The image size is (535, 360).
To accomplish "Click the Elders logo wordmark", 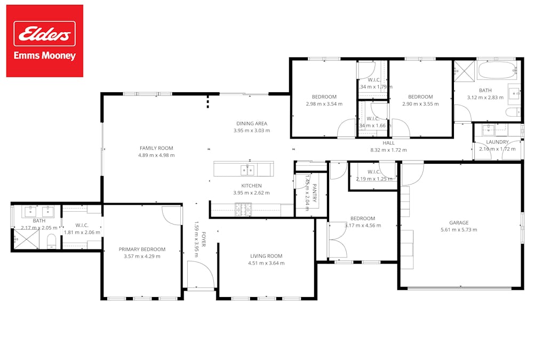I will pos(45,34).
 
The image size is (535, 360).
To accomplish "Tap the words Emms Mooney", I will pos(45,55).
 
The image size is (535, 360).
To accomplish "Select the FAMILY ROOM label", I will pos(156,148).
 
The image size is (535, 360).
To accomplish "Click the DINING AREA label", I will pos(252,124).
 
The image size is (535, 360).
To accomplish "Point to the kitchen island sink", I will pos(247,170).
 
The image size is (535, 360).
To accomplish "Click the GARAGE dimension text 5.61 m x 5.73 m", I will pos(459,230).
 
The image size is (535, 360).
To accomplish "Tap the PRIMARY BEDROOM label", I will pos(142,249).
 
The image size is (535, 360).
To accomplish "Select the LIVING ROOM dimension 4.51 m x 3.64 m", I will pos(266,263).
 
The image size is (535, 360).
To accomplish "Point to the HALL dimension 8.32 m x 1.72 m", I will pos(388,150).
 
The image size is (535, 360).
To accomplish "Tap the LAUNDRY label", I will pos(497,142).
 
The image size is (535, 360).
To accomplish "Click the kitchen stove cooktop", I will pos(243,210).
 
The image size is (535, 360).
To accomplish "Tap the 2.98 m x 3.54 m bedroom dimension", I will pos(324,104).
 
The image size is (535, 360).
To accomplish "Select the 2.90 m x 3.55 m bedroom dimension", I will pos(420,104).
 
